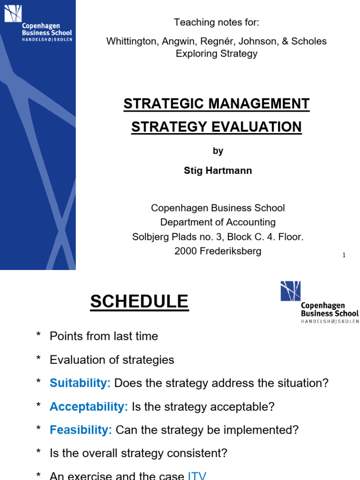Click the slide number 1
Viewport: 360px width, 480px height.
tap(344, 255)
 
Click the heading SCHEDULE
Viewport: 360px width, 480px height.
tap(139, 301)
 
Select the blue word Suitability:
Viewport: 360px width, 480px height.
tap(80, 383)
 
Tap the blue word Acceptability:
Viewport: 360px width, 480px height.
tap(89, 406)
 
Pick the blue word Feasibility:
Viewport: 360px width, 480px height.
tap(81, 430)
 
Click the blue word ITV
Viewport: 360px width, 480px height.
tap(197, 476)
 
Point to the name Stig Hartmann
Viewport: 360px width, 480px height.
tap(217, 171)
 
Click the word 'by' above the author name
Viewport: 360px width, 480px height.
tap(217, 151)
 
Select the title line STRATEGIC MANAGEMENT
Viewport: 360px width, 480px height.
tap(217, 104)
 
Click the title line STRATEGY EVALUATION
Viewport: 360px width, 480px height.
tap(217, 127)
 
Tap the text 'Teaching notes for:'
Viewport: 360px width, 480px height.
tap(217, 22)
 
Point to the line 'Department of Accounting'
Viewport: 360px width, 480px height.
tap(217, 222)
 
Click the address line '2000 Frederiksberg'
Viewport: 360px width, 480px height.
tap(217, 251)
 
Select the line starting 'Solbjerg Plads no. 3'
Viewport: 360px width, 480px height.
tap(217, 237)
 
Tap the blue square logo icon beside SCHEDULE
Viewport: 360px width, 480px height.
tap(290, 291)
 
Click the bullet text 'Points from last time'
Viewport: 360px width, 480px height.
tap(104, 336)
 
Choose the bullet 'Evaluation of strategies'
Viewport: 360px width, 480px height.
tap(112, 360)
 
